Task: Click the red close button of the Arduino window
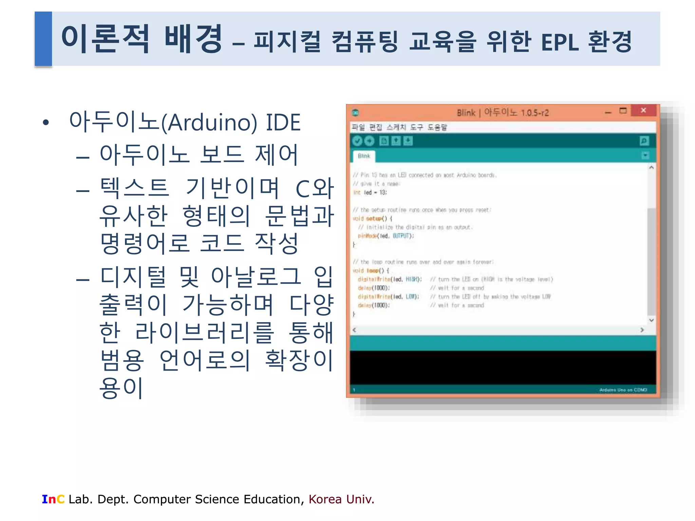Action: coord(643,111)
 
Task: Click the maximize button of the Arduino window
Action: coord(623,111)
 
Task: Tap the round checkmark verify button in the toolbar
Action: coord(357,141)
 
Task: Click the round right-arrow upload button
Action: coord(369,141)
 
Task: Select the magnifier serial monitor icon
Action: coord(644,141)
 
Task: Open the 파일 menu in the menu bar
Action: coord(358,127)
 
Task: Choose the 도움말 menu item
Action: coord(437,127)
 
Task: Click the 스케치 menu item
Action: coord(396,127)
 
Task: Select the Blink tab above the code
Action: coord(364,156)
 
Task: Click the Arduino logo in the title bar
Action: coord(355,113)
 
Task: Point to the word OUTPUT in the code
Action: coord(402,236)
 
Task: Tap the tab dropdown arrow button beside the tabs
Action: coord(645,156)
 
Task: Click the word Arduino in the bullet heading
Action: coord(209,123)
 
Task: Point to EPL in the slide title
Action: coord(560,43)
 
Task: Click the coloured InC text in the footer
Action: coord(53,499)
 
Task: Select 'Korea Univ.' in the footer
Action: coord(341,499)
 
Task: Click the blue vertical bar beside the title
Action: coord(43,39)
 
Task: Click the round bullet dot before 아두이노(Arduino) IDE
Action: coord(46,122)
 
